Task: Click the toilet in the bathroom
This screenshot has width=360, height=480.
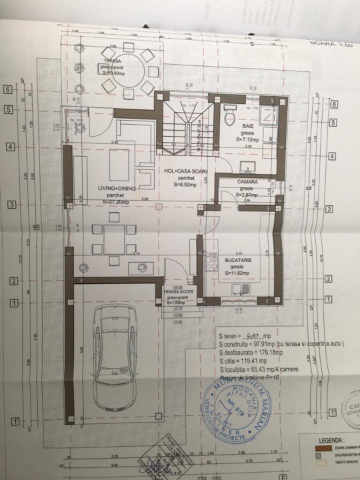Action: coord(229,114)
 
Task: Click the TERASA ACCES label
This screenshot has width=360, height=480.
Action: coord(177,293)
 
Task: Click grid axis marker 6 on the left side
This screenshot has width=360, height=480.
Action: coord(7,87)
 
